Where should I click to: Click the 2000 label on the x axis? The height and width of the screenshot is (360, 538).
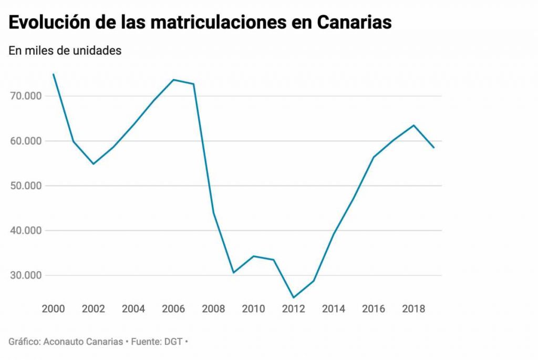tap(54, 308)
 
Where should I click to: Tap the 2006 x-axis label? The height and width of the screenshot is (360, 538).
tap(173, 308)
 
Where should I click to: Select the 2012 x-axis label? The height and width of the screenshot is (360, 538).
tap(293, 308)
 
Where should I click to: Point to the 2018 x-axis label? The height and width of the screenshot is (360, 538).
tap(413, 308)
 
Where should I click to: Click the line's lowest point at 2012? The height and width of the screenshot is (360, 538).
tap(294, 297)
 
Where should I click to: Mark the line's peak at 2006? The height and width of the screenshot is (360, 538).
tap(173, 80)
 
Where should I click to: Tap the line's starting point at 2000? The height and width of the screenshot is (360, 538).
tap(54, 75)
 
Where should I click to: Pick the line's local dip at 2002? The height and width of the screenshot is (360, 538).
tap(94, 164)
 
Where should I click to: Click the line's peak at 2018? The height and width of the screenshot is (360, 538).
tap(413, 125)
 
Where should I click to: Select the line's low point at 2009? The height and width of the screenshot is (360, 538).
tap(234, 273)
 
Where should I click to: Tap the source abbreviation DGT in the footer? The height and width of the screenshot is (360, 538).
tap(172, 342)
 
